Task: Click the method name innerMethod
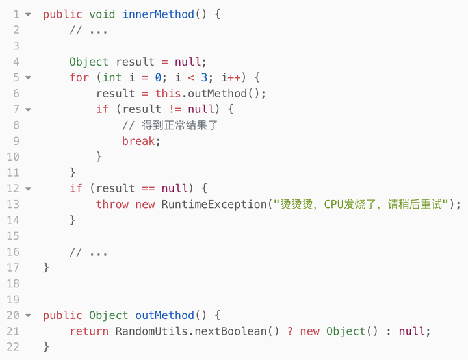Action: (159, 14)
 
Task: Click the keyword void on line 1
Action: (102, 14)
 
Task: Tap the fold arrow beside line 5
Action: (28, 77)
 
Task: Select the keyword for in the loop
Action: (79, 77)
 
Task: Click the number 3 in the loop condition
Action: (204, 77)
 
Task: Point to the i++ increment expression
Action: (231, 77)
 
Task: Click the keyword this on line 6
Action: (168, 94)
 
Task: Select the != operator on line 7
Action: (175, 109)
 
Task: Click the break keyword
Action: (138, 141)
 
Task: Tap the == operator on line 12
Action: (148, 188)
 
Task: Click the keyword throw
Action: (112, 204)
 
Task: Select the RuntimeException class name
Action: (214, 204)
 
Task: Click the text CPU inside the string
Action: (333, 204)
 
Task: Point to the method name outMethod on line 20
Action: (164, 315)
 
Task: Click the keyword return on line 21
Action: (89, 331)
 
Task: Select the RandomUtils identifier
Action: (151, 331)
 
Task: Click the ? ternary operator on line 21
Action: (290, 331)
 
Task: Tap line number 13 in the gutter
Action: (13, 205)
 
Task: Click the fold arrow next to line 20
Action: (28, 315)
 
